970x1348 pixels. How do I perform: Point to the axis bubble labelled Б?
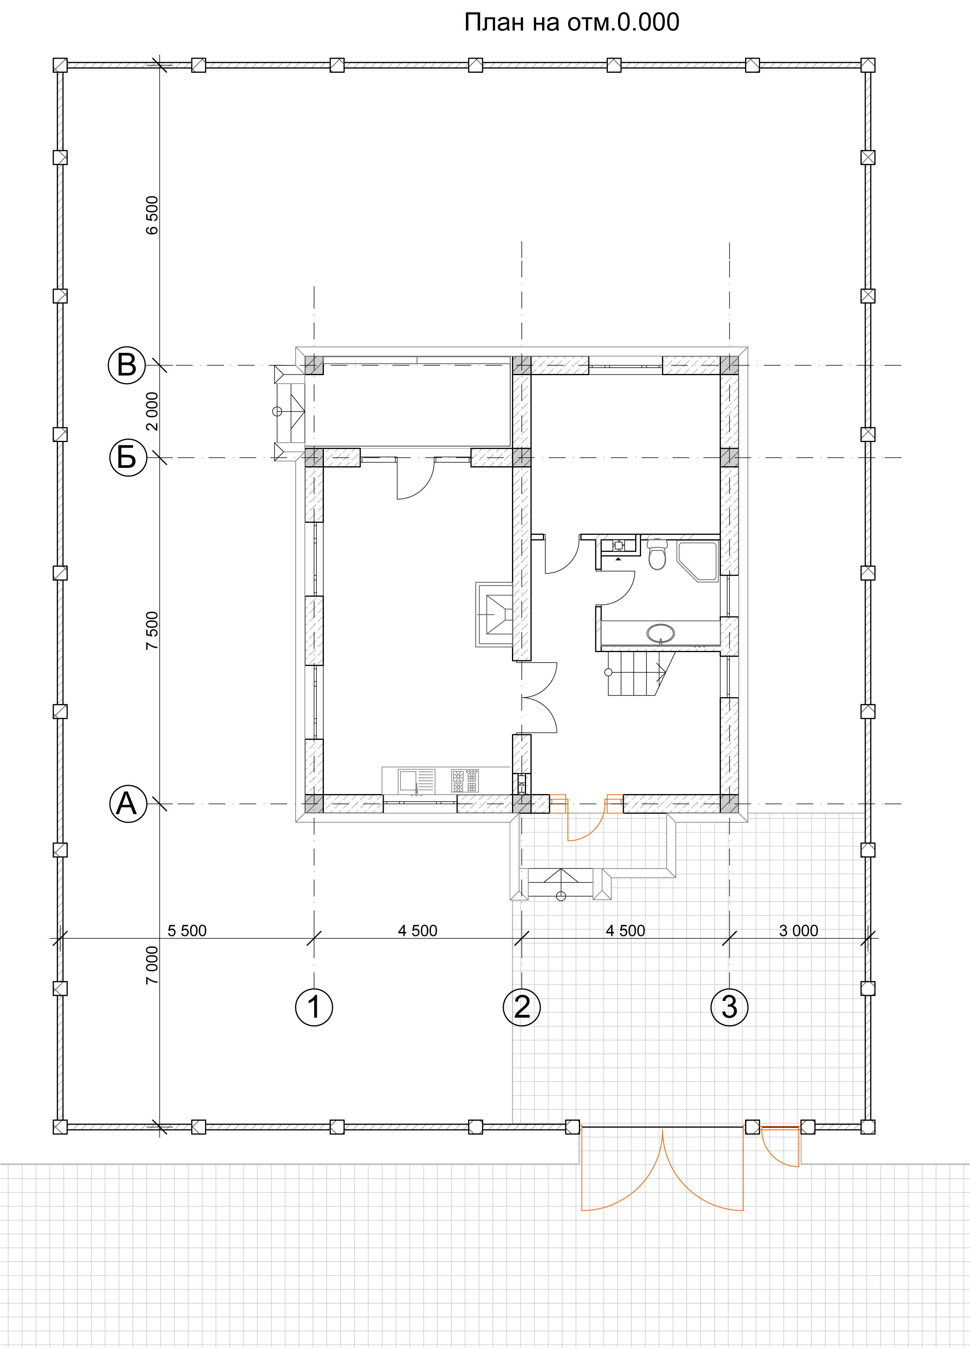pyautogui.click(x=127, y=458)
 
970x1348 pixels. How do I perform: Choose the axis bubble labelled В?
pyautogui.click(x=127, y=365)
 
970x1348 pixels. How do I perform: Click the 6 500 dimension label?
pyautogui.click(x=153, y=215)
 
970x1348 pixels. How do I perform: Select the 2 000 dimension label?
pyautogui.click(x=153, y=411)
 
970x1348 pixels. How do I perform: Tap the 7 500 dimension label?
pyautogui.click(x=153, y=630)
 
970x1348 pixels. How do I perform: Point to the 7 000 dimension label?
pyautogui.click(x=153, y=965)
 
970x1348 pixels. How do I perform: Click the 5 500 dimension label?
pyautogui.click(x=187, y=931)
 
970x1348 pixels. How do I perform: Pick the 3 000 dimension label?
pyautogui.click(x=799, y=931)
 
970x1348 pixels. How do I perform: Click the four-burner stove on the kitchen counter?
pyautogui.click(x=465, y=781)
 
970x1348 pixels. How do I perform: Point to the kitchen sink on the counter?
pyautogui.click(x=417, y=781)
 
